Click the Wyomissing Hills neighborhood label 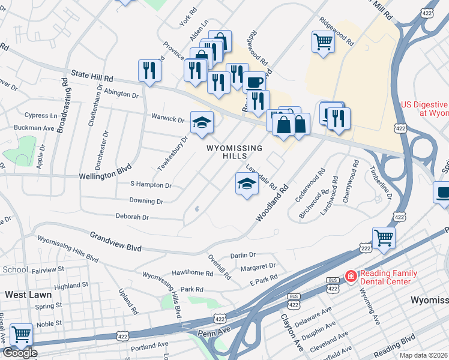(235, 152)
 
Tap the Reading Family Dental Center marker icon (350, 276)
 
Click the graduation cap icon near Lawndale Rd (246, 184)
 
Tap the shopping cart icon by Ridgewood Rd (323, 42)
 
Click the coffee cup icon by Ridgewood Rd (255, 82)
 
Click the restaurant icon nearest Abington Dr (148, 70)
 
